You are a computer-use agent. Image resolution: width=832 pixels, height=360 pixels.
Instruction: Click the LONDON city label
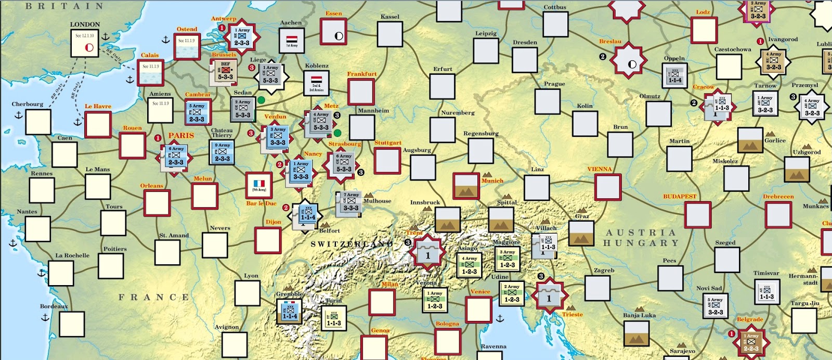tap(85, 24)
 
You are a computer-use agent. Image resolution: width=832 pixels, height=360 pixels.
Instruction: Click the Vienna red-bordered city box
tap(608, 187)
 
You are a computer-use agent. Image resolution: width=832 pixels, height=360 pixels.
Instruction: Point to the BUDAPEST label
tap(679, 197)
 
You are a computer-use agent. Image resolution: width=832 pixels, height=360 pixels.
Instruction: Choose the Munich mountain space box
tap(466, 186)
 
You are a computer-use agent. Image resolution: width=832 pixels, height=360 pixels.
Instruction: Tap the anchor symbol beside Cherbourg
tap(19, 114)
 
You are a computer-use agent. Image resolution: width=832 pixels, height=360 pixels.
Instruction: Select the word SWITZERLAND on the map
tap(352, 244)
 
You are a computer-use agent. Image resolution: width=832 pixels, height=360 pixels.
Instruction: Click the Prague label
tap(554, 84)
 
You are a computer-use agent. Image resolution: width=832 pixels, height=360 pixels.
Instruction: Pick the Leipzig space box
tap(486, 50)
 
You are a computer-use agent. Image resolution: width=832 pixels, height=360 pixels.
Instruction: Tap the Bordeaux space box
tap(72, 324)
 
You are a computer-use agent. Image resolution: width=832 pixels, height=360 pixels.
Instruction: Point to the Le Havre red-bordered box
tap(98, 125)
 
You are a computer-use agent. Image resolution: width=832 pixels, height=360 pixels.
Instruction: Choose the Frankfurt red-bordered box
tap(361, 92)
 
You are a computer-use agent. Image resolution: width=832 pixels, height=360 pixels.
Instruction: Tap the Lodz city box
tap(704, 30)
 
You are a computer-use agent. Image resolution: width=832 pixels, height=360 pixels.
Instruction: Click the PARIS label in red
tap(181, 136)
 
